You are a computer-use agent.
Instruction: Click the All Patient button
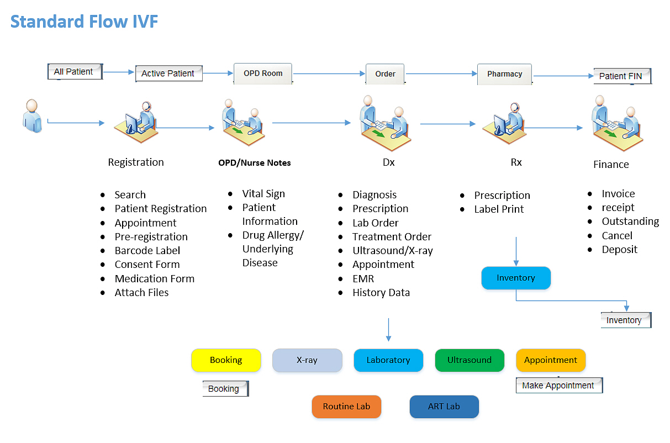(75, 72)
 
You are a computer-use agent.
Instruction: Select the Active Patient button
(168, 73)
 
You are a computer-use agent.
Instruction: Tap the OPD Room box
(263, 73)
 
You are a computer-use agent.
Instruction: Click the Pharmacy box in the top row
(505, 74)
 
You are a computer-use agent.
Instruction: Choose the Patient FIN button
(622, 76)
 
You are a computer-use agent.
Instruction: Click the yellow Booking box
(226, 360)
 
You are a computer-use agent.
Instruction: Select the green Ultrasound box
(469, 360)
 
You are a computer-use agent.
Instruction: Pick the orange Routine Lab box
(346, 407)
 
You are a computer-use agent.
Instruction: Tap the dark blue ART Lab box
(444, 407)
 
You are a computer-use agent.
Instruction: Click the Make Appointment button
(559, 385)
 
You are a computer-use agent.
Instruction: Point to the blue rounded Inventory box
(516, 278)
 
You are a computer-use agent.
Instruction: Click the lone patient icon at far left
(32, 116)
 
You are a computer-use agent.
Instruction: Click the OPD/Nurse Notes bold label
(255, 163)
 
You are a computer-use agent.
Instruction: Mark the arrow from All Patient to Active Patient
(118, 72)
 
